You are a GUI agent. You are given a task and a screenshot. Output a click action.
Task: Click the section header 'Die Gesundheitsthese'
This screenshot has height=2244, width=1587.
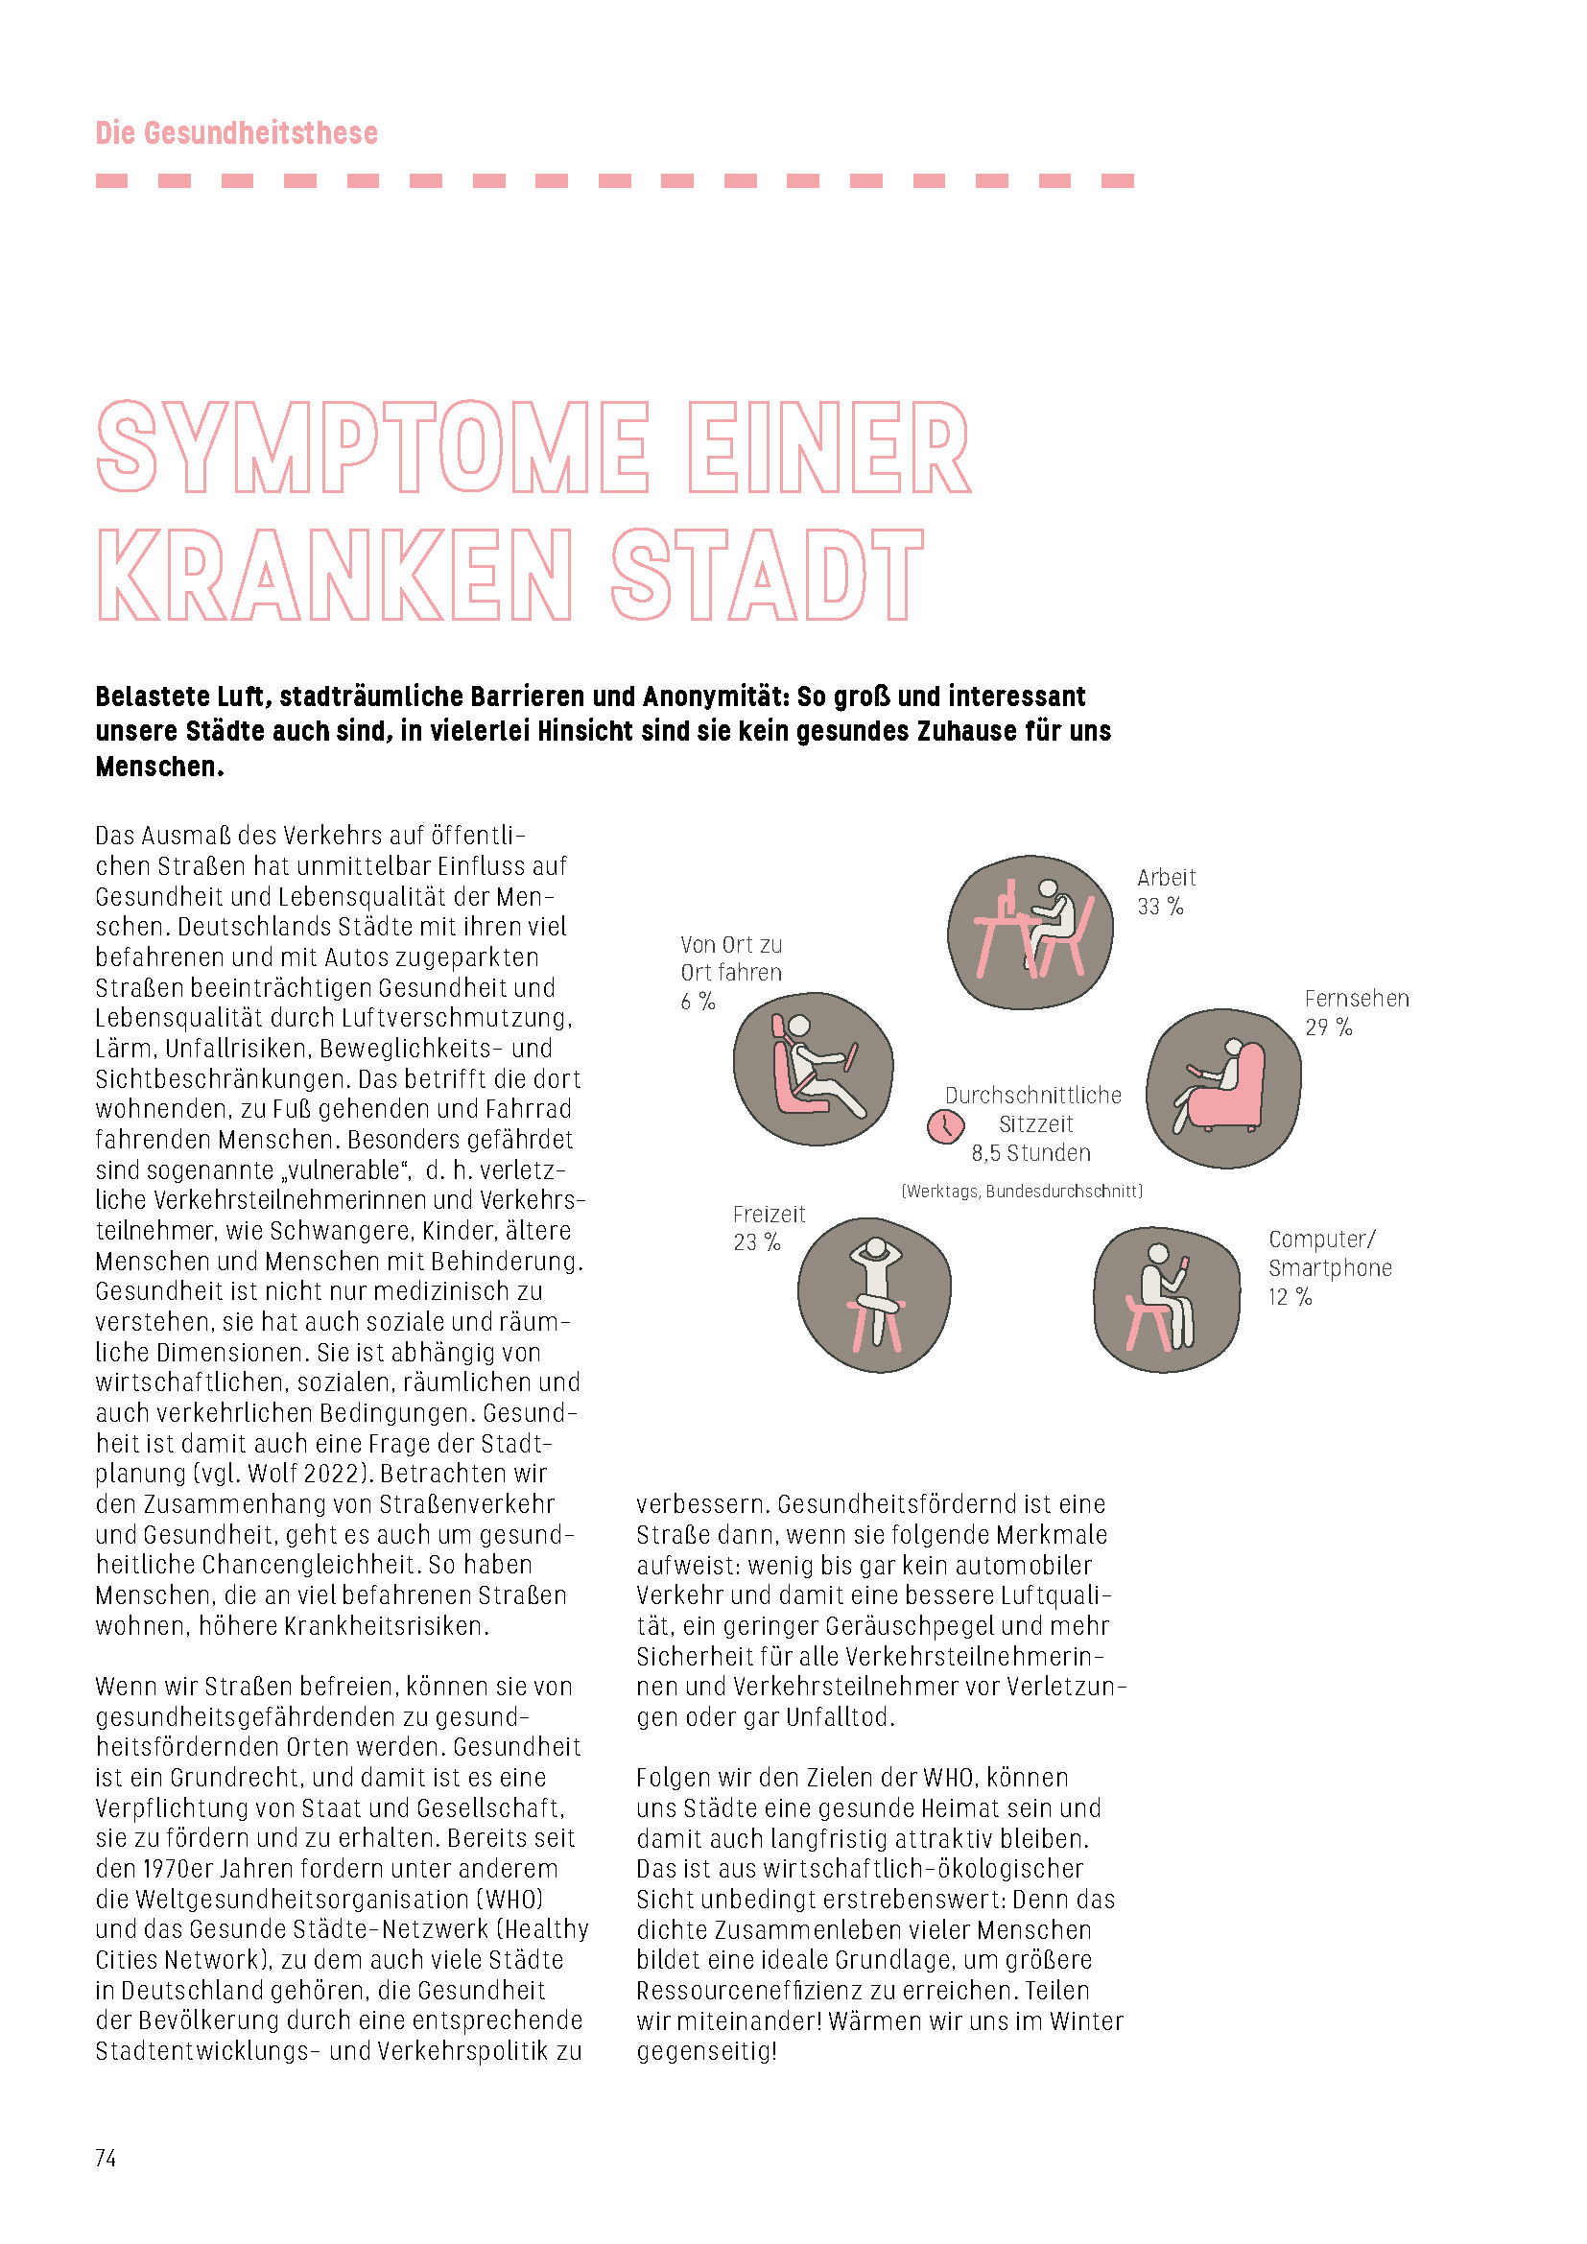click(x=236, y=133)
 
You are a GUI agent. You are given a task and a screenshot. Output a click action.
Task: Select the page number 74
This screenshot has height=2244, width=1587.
click(x=106, y=2158)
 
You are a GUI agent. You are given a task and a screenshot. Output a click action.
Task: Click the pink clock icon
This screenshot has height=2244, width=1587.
click(x=944, y=1126)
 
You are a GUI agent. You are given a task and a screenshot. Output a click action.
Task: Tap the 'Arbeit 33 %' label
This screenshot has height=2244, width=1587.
click(x=1165, y=891)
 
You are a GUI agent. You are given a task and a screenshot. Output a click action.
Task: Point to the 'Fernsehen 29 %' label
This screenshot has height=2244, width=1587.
click(x=1356, y=1012)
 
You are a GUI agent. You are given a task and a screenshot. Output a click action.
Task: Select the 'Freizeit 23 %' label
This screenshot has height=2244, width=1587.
click(x=769, y=1228)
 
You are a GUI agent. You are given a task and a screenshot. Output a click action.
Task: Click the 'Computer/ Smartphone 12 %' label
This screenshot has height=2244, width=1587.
click(x=1329, y=1266)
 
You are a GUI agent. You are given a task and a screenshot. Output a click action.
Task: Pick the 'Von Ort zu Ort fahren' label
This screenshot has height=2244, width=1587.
click(x=731, y=958)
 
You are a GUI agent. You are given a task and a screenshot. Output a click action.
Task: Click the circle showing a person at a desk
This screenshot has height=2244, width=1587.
click(x=1030, y=932)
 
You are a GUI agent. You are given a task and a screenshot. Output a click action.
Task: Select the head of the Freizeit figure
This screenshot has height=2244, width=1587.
click(x=876, y=1248)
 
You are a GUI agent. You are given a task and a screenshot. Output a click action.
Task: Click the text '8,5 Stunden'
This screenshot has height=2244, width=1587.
click(x=1030, y=1153)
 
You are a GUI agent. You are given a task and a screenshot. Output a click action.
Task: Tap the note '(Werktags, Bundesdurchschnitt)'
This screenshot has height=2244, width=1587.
click(x=1021, y=1191)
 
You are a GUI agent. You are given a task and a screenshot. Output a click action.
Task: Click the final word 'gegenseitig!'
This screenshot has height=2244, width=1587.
click(x=706, y=2050)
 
